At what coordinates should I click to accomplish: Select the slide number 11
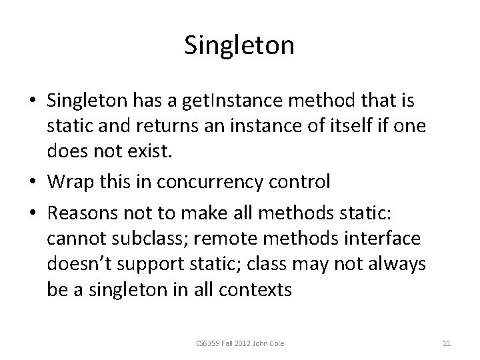coord(447,344)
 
